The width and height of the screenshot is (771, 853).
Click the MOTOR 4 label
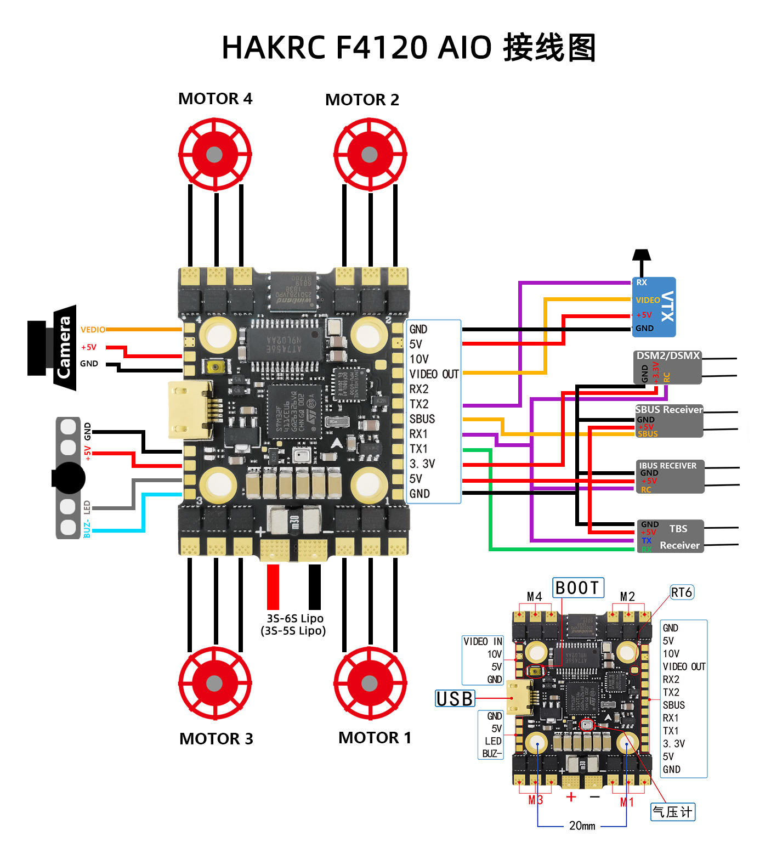pos(215,99)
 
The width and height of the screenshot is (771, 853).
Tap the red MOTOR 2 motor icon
pos(370,155)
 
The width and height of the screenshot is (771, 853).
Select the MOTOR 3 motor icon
pos(214,683)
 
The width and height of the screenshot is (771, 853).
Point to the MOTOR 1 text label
pos(375,738)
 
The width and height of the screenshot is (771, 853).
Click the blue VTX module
pos(654,307)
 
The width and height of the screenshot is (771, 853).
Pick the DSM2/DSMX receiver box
pos(668,367)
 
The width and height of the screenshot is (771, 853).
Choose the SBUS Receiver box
pos(669,421)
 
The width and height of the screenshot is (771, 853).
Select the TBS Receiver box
pos(670,536)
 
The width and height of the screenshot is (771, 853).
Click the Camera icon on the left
pos(53,348)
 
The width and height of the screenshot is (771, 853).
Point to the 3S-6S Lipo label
pos(294,618)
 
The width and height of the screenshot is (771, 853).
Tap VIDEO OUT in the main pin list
pos(434,374)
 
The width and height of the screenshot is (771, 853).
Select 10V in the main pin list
pos(419,359)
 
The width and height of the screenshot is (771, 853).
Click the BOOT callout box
pos(578,588)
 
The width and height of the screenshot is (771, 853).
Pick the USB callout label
pos(455,699)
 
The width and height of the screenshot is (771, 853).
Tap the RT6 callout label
pos(682,592)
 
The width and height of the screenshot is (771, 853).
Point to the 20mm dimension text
pos(582,826)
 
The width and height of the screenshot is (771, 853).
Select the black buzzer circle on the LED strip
pos(69,478)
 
